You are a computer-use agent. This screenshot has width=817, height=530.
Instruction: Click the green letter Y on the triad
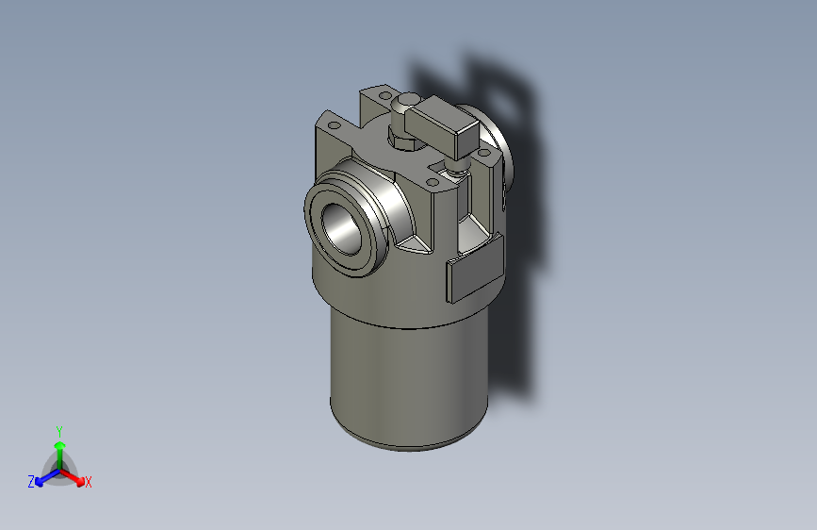(58, 430)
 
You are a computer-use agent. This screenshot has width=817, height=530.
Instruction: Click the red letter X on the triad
(89, 483)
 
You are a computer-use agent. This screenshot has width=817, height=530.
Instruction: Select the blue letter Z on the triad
(31, 482)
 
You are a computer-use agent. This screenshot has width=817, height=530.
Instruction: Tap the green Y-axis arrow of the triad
(59, 447)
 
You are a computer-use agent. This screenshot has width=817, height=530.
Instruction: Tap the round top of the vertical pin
(408, 99)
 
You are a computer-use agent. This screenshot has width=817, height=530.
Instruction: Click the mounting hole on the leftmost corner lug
(333, 124)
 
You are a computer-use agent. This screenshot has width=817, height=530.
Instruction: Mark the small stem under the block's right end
(458, 166)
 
